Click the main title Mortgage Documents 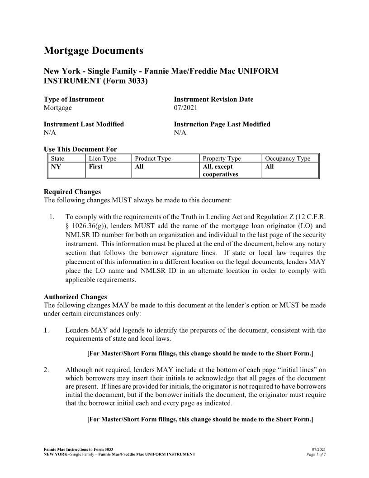tap(93, 51)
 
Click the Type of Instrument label tap(74, 99)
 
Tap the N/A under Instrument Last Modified tap(50, 133)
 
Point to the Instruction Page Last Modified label tap(222, 124)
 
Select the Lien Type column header tap(103, 158)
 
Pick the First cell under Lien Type tap(95, 167)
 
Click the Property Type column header tap(222, 158)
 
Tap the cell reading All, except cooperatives tap(220, 171)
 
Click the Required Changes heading tap(72, 191)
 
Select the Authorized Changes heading tap(76, 297)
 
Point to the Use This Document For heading tap(80, 149)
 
